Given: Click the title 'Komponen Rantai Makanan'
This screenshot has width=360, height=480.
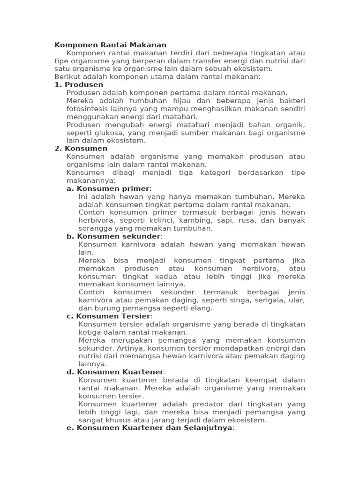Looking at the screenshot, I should [x=110, y=45].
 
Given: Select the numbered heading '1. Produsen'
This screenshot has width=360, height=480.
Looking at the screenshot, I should [x=79, y=85].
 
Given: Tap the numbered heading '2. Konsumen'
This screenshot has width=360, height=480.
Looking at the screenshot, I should [x=81, y=149].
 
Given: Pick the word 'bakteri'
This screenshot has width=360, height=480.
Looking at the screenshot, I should [x=292, y=101].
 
